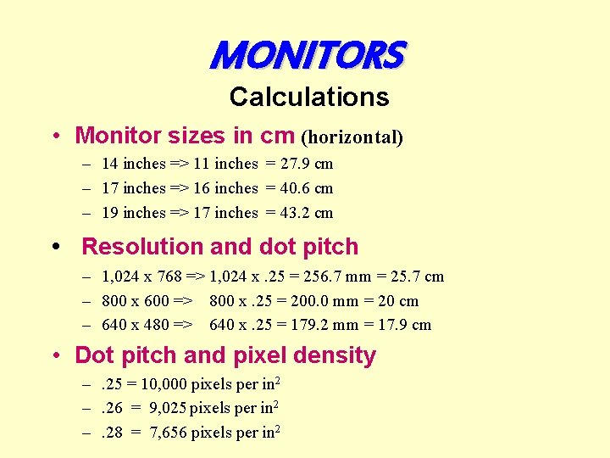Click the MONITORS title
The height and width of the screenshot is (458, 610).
[x=308, y=56]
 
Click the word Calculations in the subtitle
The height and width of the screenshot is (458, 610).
[x=309, y=97]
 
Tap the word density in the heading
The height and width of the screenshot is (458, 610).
[x=336, y=355]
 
